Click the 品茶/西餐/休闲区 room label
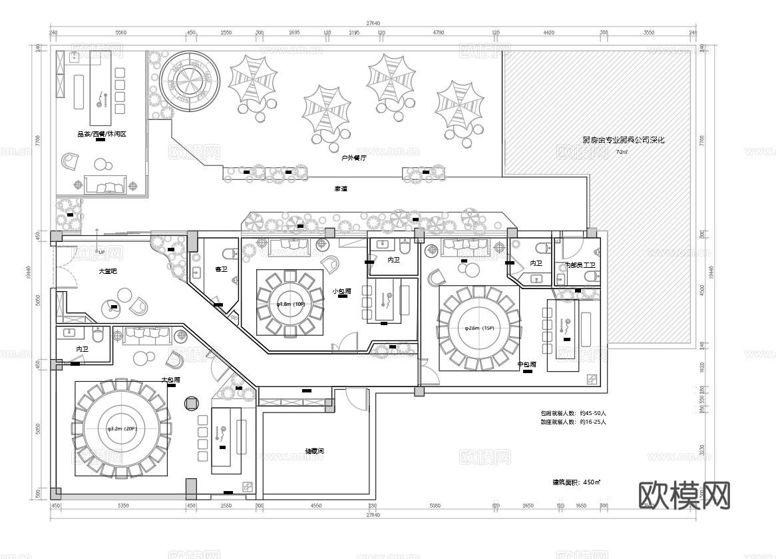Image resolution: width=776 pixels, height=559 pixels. point(101,134)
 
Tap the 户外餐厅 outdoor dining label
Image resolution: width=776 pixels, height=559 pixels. point(353,159)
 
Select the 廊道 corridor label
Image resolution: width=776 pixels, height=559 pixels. point(341,189)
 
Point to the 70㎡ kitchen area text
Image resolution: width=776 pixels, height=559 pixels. point(621,152)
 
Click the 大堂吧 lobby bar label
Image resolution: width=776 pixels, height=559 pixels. point(108,271)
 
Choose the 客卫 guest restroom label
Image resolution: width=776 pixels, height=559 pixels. point(221,270)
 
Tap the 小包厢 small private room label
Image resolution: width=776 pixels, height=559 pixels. point(342,291)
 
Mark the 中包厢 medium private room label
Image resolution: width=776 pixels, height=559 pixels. point(527,364)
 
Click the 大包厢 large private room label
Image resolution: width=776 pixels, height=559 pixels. point(171,380)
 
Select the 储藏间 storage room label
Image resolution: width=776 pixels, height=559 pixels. point(314,451)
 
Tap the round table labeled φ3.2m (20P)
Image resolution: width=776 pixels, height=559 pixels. point(122,428)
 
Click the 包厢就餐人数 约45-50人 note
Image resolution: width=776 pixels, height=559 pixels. point(573,413)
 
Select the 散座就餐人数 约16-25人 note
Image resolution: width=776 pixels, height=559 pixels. point(573,422)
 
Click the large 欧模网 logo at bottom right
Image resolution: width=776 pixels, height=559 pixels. point(684,495)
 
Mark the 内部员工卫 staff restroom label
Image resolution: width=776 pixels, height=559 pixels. point(580,265)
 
